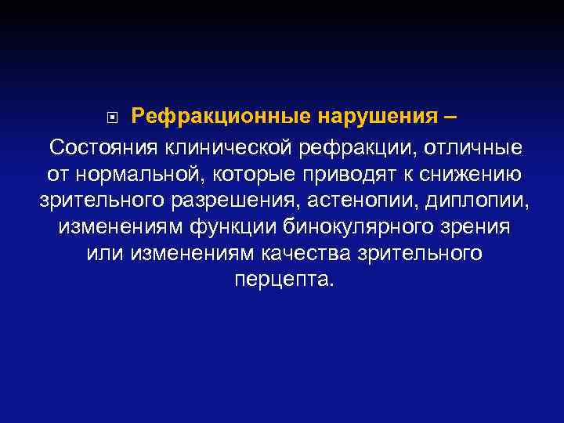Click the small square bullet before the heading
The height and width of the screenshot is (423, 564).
[x=114, y=119]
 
